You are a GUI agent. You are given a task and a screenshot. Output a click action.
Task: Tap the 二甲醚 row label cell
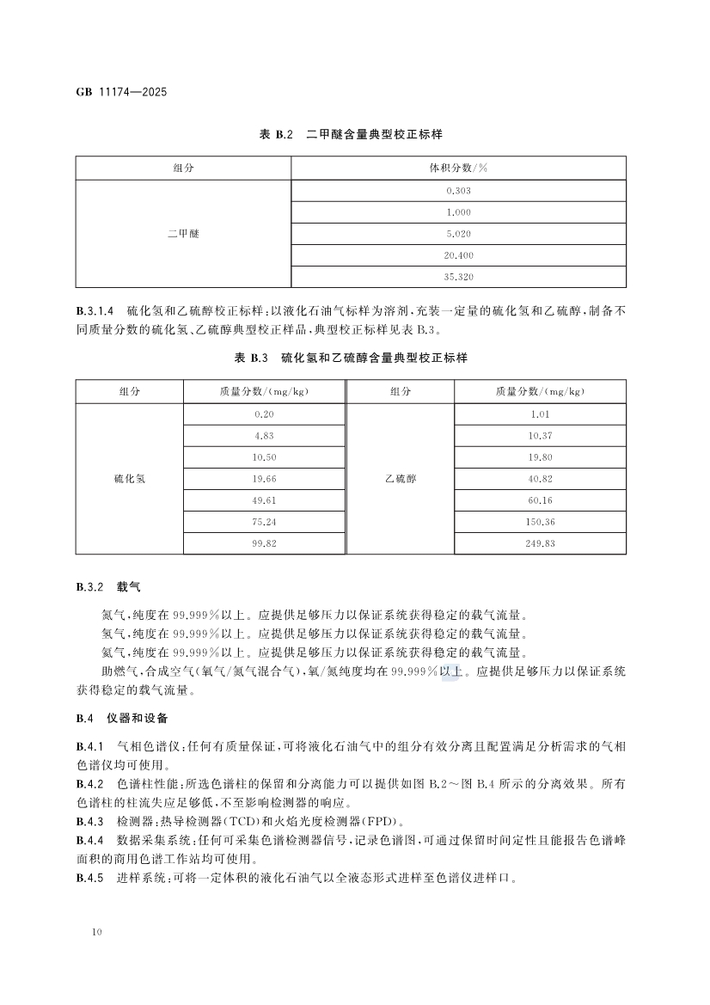click(x=183, y=233)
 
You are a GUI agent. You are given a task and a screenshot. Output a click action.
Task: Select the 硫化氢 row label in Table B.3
click(x=130, y=479)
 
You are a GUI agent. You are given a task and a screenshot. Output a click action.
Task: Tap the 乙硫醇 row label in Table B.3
click(x=400, y=479)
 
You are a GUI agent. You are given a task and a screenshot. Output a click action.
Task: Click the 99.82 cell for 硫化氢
click(x=265, y=544)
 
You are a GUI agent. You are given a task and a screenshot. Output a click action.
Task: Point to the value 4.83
click(x=265, y=436)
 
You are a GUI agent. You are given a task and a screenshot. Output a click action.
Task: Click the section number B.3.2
click(x=89, y=587)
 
